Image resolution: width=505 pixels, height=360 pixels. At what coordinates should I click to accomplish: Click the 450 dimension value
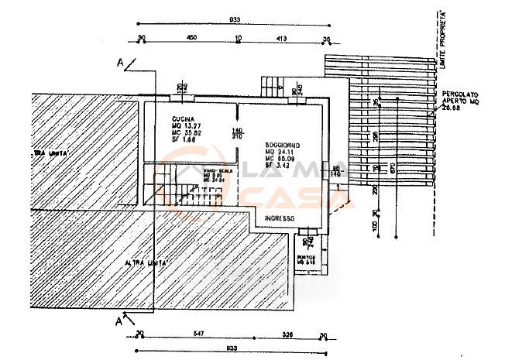click(190, 37)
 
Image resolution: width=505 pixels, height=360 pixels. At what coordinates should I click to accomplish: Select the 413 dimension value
click(282, 37)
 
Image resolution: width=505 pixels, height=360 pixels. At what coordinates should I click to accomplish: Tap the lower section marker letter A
click(119, 318)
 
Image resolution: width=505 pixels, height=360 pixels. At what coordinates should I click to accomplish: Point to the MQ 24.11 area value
click(280, 152)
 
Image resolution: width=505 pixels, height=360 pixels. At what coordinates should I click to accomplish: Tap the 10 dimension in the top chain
click(239, 37)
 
